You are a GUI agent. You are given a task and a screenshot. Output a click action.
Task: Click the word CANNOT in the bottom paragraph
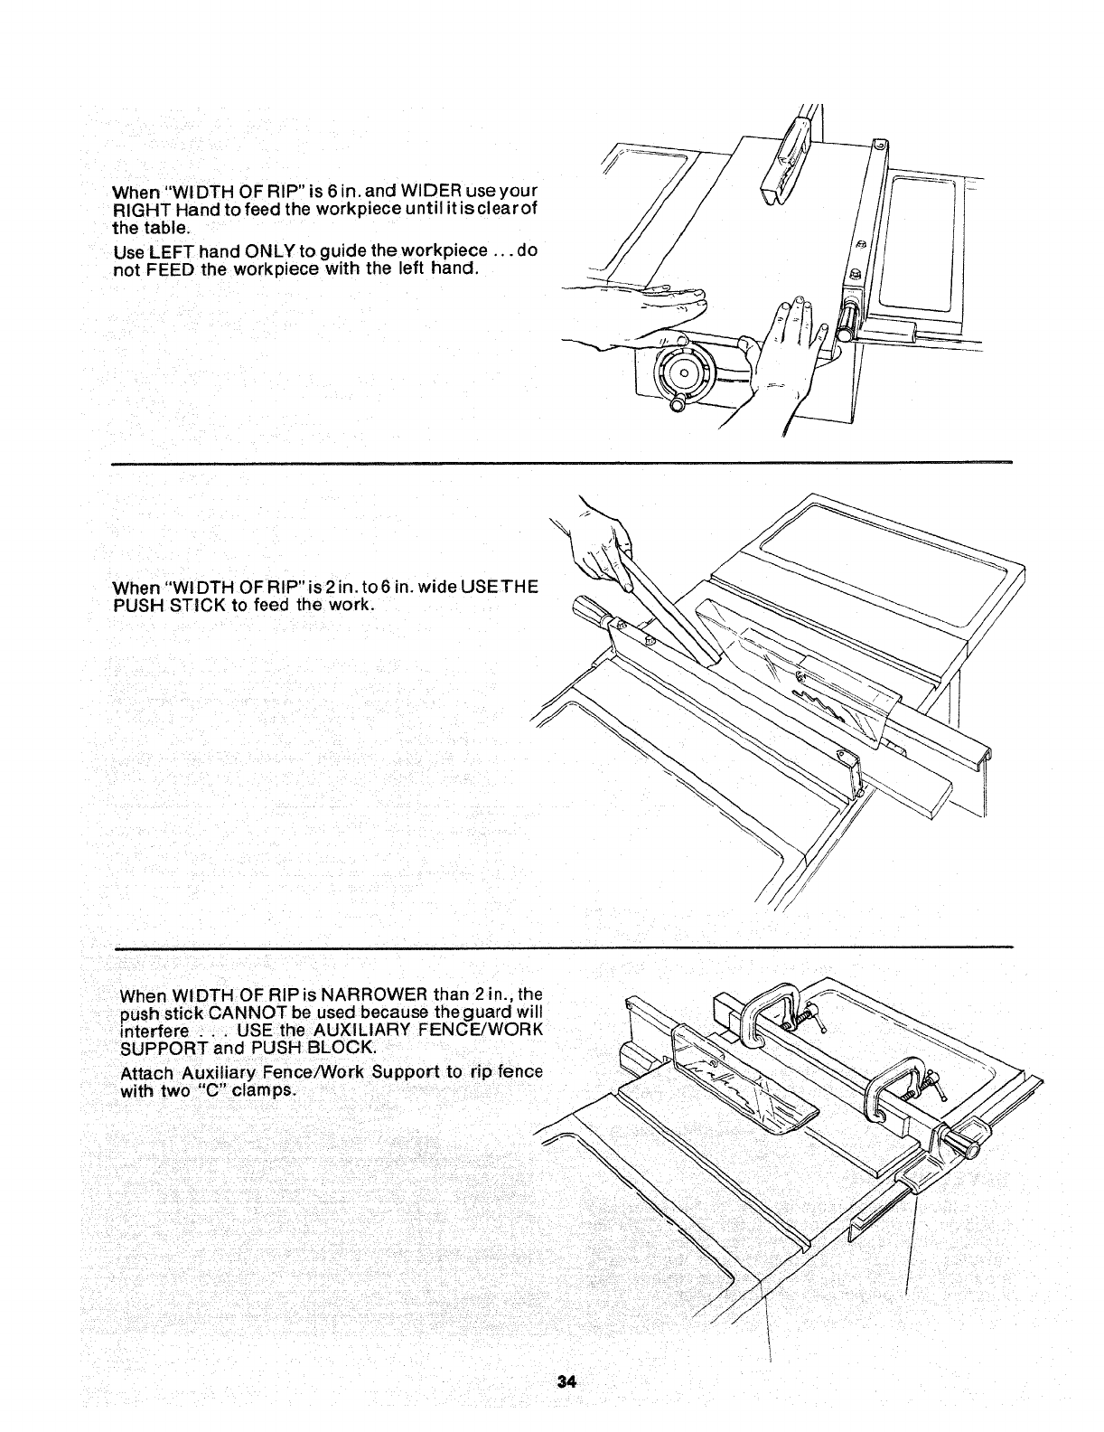click(x=229, y=1013)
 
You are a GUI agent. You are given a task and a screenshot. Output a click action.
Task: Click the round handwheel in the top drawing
click(x=684, y=372)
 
